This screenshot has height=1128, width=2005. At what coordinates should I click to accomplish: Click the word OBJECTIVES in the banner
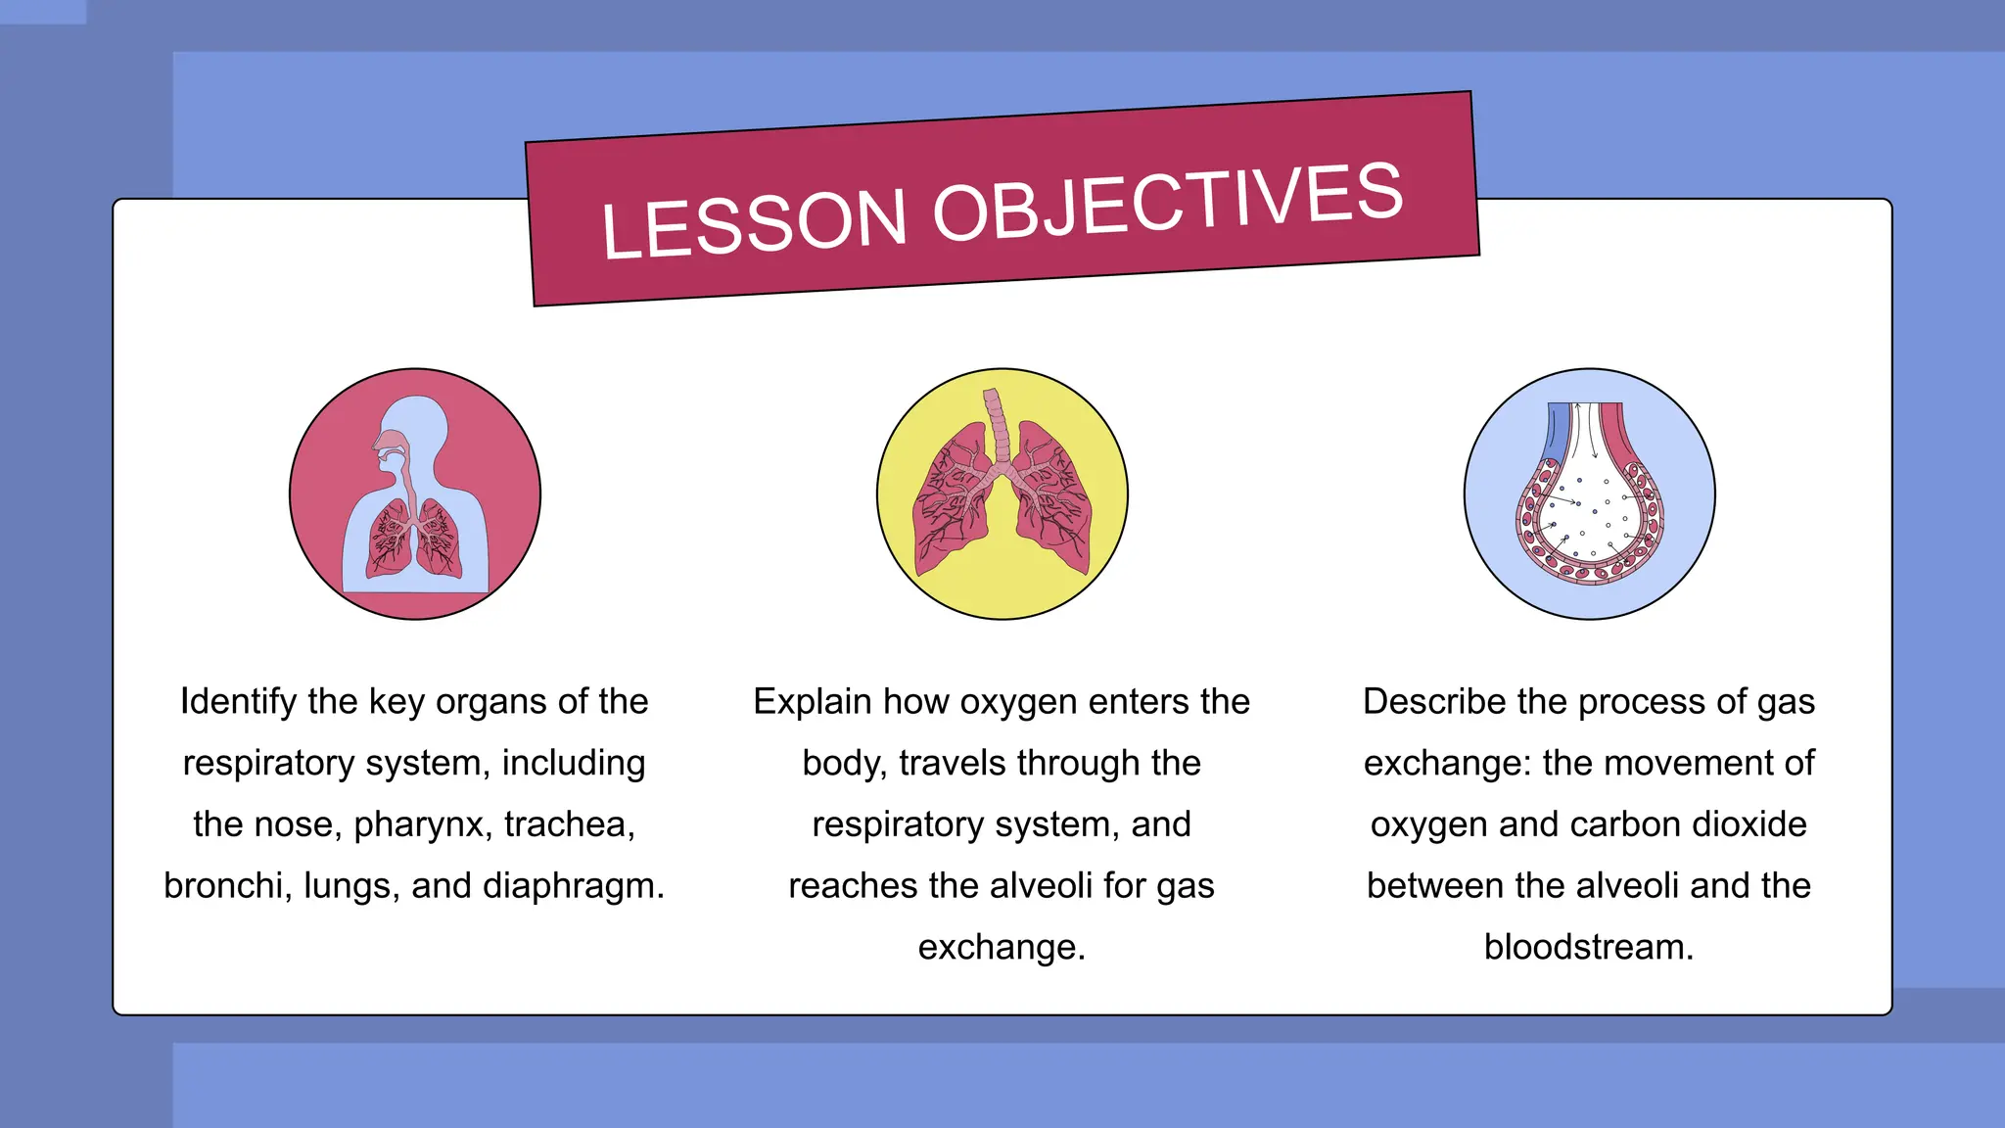pyautogui.click(x=1167, y=203)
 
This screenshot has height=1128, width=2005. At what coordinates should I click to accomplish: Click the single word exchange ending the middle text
pyautogui.click(x=1001, y=948)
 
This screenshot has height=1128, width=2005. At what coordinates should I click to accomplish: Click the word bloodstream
pyautogui.click(x=1588, y=948)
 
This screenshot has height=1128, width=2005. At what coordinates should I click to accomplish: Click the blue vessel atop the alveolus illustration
pyautogui.click(x=1556, y=431)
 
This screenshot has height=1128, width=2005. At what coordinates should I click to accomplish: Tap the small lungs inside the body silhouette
pyautogui.click(x=415, y=539)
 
